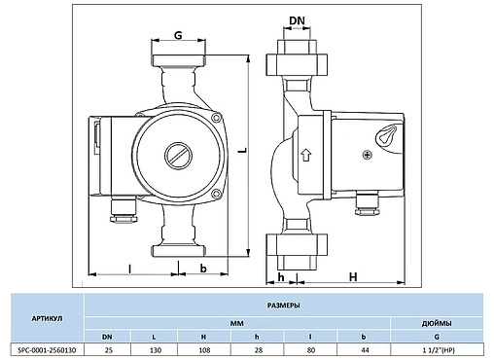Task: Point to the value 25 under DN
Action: click(108, 349)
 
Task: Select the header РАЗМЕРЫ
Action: click(282, 305)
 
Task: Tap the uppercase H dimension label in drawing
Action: click(352, 276)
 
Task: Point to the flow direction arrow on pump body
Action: click(304, 154)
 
